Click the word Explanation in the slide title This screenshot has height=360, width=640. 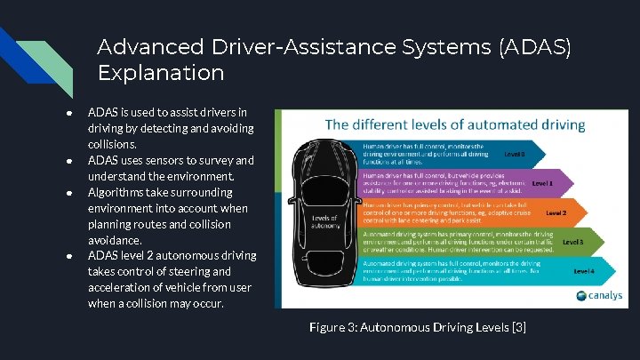[x=161, y=71]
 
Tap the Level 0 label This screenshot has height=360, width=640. [x=515, y=153]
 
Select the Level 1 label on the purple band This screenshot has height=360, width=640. [x=542, y=183]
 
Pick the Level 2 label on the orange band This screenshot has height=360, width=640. [x=556, y=213]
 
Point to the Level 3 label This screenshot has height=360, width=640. [x=572, y=241]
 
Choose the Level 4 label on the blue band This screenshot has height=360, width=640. [x=584, y=270]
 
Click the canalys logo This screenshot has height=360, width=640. [x=599, y=295]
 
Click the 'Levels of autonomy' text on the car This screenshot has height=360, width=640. [x=325, y=220]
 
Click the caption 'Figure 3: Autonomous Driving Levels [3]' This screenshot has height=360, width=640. [x=418, y=328]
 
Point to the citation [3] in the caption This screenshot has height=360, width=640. [x=517, y=328]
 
